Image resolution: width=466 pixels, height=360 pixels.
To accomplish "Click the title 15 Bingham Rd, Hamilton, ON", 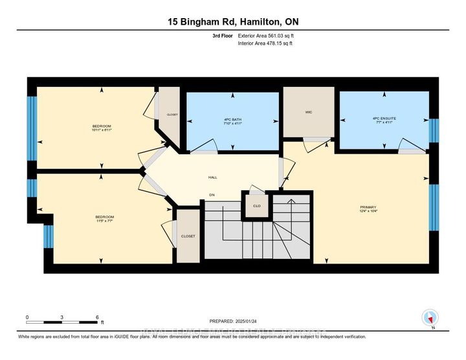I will pyautogui.click(x=232, y=21).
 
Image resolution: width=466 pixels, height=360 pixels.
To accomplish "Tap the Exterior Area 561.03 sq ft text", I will pyautogui.click(x=265, y=36).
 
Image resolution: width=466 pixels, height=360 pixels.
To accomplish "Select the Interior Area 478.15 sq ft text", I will pyautogui.click(x=265, y=44).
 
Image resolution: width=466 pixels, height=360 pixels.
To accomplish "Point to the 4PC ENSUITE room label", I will pyautogui.click(x=384, y=118).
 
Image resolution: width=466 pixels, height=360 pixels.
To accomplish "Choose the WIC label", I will pyautogui.click(x=309, y=112).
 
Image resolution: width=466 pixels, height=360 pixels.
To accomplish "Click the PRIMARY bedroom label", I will pyautogui.click(x=367, y=207).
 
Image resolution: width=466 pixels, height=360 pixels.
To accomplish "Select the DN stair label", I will pyautogui.click(x=211, y=195).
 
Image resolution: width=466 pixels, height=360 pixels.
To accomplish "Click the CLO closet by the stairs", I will pyautogui.click(x=256, y=207).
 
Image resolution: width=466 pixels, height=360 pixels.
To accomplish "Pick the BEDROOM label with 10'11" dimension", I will pyautogui.click(x=101, y=126).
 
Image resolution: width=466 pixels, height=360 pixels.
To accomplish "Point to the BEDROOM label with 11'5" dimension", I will pyautogui.click(x=104, y=216).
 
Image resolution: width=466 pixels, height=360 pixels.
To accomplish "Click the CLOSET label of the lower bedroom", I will pyautogui.click(x=188, y=236).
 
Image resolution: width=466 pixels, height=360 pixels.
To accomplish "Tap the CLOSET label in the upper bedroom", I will pyautogui.click(x=172, y=115).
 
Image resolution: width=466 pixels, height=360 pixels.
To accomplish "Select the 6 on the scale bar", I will pyautogui.click(x=97, y=317).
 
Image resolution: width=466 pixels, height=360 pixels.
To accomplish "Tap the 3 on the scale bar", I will pyautogui.click(x=62, y=317).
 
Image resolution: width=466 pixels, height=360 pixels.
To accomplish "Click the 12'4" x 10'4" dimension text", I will pyautogui.click(x=367, y=212).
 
